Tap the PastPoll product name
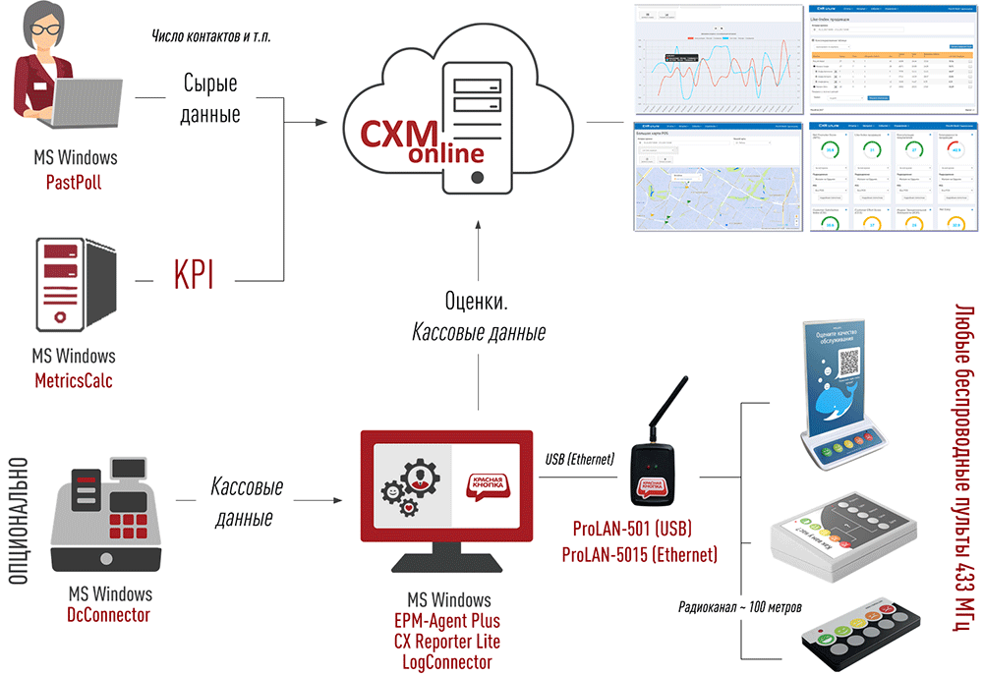[74, 183]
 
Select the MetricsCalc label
[73, 380]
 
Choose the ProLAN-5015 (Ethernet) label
[640, 555]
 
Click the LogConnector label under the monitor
[448, 662]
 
